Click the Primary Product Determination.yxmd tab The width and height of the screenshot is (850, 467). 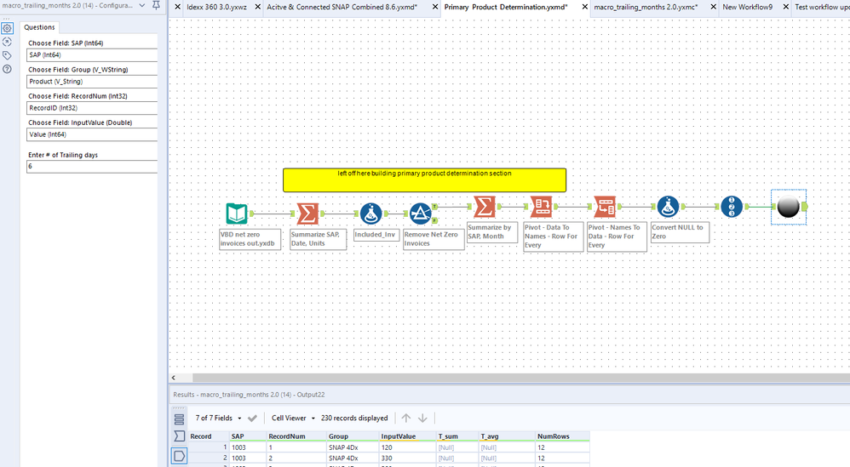point(506,7)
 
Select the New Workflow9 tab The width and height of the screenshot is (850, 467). point(747,7)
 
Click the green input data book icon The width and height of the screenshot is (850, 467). point(237,214)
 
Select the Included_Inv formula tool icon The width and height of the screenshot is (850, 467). point(370,214)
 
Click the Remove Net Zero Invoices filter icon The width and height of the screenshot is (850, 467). point(419,214)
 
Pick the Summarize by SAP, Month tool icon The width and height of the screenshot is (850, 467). point(484,207)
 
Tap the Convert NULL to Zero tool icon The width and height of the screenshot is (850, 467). point(668,207)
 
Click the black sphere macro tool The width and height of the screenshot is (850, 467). point(788,207)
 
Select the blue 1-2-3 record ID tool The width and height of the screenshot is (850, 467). point(732,207)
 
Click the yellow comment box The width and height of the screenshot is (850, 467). point(424,179)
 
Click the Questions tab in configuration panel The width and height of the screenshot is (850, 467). point(39,27)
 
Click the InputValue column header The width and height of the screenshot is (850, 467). point(398,436)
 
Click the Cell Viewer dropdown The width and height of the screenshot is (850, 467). point(292,418)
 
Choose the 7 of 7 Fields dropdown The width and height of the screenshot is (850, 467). point(217,418)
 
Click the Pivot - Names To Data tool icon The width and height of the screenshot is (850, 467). point(606,207)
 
